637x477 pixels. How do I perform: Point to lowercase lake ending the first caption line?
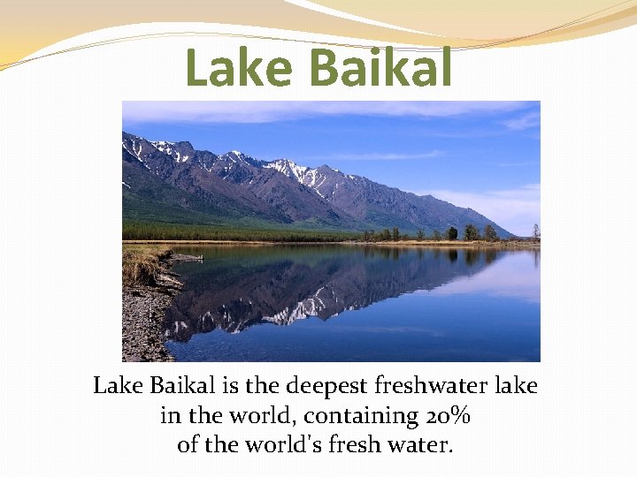[516, 387]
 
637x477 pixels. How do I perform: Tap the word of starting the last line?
[187, 443]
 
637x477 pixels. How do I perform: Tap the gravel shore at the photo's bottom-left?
[142, 331]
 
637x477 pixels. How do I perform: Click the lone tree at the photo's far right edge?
[535, 231]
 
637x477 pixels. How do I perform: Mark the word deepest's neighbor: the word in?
[168, 415]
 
